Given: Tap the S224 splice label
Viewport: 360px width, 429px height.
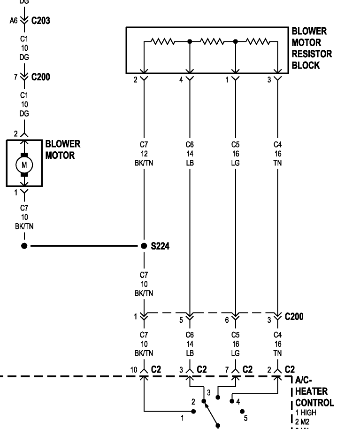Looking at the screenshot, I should tap(160, 246).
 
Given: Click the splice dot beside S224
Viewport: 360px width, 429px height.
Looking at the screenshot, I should tap(144, 246).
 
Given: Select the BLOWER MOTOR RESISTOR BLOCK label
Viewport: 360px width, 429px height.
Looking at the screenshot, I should tap(312, 48).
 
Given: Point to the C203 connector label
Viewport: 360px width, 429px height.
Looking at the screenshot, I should tap(41, 21).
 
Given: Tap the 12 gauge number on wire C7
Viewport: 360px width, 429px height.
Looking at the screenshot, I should tap(144, 153).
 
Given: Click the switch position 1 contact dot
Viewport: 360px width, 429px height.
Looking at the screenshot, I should tap(194, 412).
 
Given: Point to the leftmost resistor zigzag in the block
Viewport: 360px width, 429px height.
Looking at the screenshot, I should tap(162, 42).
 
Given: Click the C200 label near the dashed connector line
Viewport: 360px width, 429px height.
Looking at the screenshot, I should tap(294, 316).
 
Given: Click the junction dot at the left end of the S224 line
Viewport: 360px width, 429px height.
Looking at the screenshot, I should tap(24, 246).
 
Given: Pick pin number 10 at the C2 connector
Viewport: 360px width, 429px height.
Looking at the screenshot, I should tap(134, 370).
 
